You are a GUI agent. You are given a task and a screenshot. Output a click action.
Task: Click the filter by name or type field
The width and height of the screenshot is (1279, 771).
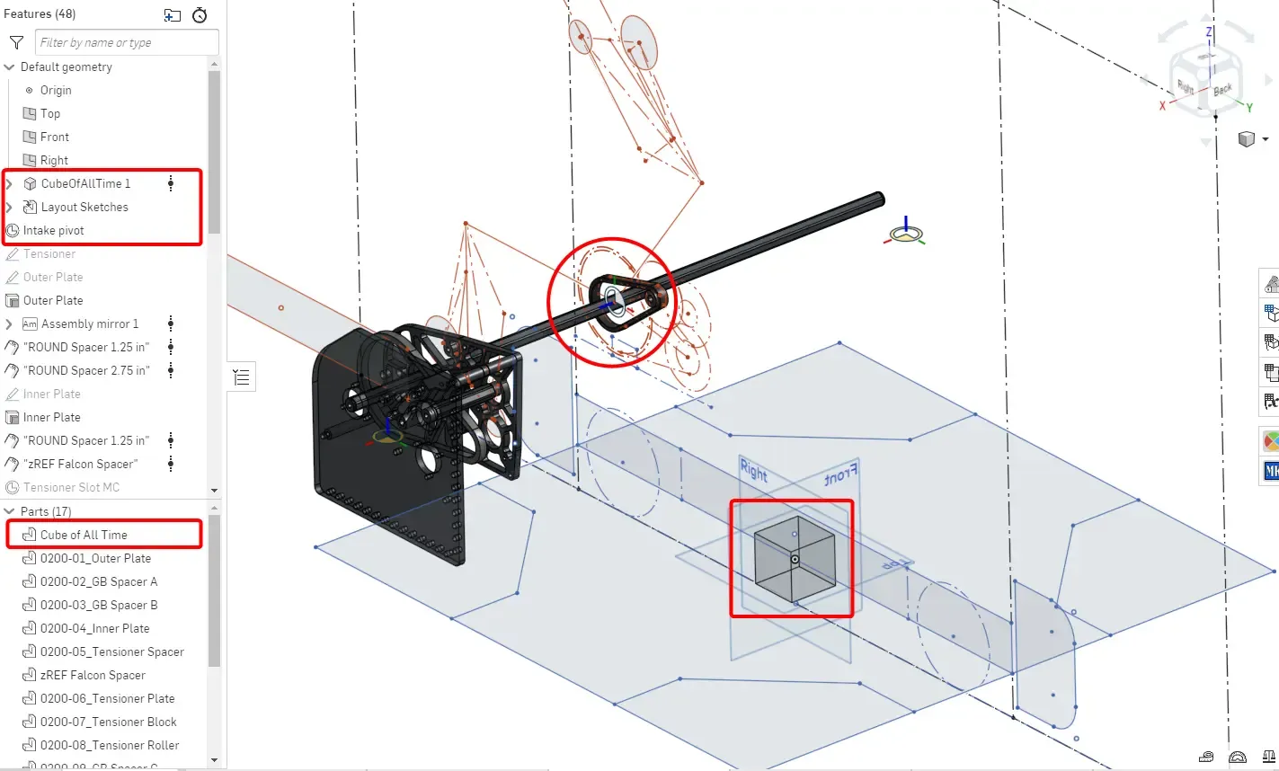[x=127, y=42]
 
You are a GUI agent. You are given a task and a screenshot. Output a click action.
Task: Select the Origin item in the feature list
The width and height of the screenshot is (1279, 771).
[x=56, y=90]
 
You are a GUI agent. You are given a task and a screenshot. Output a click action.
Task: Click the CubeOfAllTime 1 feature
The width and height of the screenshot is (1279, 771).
[x=85, y=183]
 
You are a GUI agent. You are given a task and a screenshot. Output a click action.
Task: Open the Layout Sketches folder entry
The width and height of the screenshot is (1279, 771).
[x=84, y=207]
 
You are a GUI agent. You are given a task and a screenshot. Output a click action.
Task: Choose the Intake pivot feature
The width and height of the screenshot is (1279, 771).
[x=54, y=230]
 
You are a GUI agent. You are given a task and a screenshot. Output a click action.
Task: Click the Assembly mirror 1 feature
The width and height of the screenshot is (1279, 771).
[x=90, y=323]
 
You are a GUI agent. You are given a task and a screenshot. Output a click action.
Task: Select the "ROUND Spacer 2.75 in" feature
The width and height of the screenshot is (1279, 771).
[x=86, y=370]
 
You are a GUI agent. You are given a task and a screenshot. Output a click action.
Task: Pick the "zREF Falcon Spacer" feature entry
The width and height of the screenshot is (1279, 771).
[x=81, y=464]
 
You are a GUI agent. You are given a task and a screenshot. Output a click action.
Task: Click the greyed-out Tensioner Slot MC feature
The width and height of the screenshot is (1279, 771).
[x=71, y=487]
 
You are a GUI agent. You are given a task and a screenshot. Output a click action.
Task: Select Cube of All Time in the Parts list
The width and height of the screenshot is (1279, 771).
[x=84, y=535]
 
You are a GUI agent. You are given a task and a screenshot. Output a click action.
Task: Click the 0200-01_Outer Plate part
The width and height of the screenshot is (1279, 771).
[x=95, y=558]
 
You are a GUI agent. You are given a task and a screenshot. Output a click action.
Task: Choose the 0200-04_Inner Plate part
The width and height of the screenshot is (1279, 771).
[x=94, y=628]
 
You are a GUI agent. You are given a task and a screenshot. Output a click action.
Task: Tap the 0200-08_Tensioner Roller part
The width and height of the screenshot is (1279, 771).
[x=110, y=745]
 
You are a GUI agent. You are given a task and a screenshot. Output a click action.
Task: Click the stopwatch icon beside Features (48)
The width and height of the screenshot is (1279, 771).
[x=200, y=14]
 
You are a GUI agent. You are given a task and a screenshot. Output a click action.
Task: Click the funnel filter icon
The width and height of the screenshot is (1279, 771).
[x=16, y=42]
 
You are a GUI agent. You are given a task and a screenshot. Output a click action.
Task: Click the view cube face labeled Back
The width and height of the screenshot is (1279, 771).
[x=1222, y=89]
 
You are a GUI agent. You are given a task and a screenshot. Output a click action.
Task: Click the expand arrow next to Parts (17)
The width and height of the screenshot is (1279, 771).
[x=10, y=511]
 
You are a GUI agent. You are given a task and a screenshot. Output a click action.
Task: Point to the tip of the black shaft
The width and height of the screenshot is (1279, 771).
[x=878, y=199]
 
